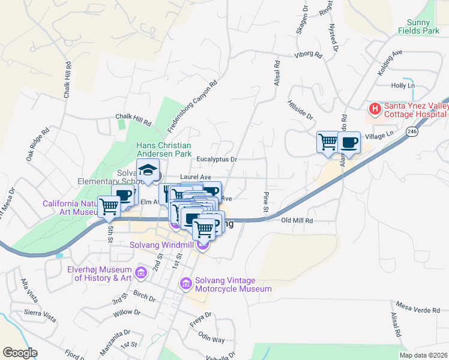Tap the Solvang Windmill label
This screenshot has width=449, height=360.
(164, 245)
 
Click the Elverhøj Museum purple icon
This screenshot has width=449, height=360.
(142, 274)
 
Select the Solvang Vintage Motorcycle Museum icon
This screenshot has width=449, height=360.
(186, 283)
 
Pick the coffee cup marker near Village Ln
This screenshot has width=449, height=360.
(349, 142)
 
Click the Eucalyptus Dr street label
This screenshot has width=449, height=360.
(218, 160)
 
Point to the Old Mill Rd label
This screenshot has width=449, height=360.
(298, 220)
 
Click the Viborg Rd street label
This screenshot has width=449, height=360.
(309, 56)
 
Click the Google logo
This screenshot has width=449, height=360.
(20, 353)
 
